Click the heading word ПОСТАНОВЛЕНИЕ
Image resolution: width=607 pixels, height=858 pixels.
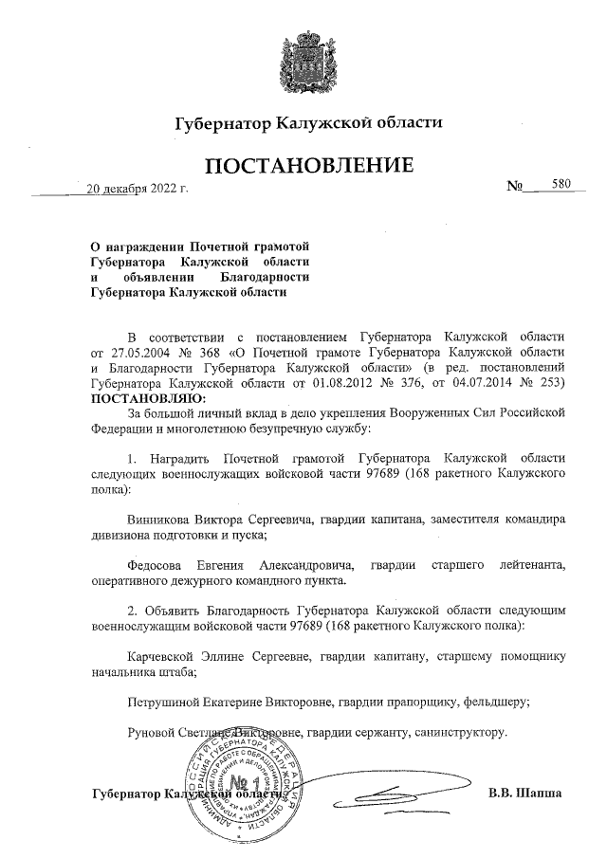coord(303,165)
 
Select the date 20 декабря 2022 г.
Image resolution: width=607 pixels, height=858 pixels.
coord(137,187)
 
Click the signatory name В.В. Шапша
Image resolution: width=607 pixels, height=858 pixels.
coord(525,792)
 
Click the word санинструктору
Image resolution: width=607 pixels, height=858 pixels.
coord(463,733)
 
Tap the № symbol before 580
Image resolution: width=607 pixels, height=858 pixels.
coord(517,186)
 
